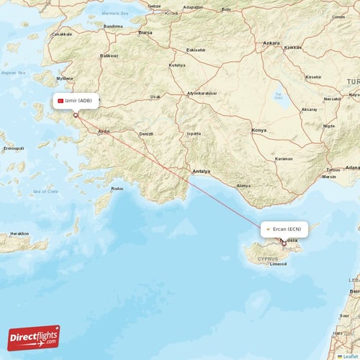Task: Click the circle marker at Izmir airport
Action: [x=76, y=114]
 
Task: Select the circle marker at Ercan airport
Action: [x=284, y=243]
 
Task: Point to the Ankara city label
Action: [x=271, y=43]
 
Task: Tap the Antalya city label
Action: [x=201, y=171]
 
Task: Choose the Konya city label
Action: [x=258, y=130]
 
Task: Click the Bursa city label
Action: [x=145, y=32]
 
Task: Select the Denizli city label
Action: [x=146, y=134]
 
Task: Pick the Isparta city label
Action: [x=193, y=133]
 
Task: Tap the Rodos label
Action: [x=118, y=189]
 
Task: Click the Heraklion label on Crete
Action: [x=19, y=233]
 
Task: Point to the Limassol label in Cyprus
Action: [x=278, y=264]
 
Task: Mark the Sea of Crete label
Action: [x=45, y=192]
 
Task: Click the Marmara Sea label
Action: [x=114, y=13]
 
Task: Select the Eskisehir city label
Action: [x=195, y=50]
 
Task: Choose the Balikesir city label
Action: [x=109, y=55]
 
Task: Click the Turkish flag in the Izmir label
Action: [x=61, y=101]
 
